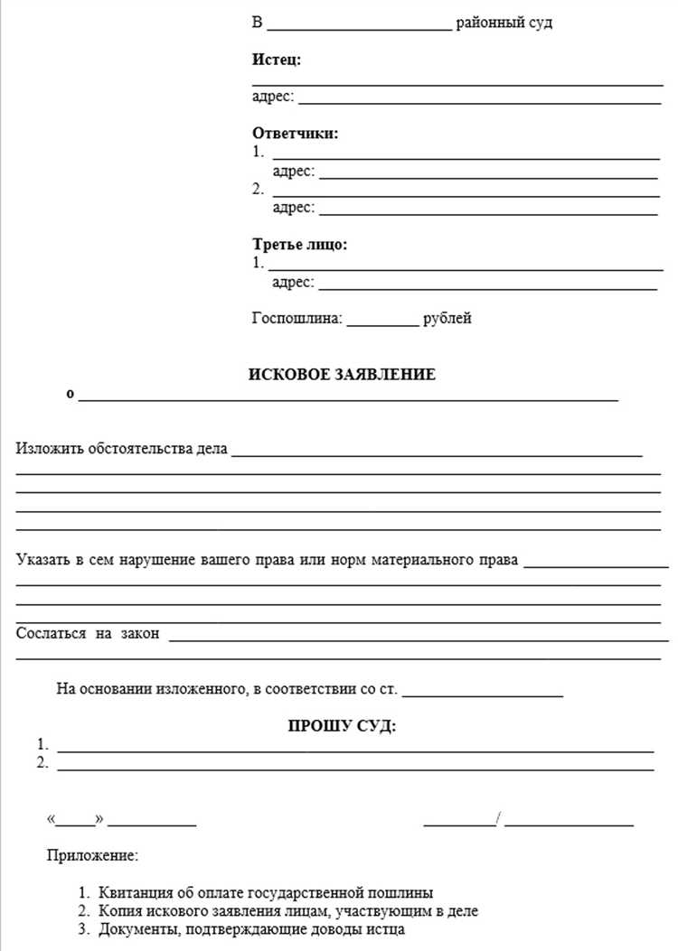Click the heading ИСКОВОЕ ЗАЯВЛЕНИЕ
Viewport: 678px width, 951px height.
coord(342,375)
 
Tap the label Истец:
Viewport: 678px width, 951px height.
coord(277,60)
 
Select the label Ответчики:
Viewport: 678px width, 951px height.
coord(296,134)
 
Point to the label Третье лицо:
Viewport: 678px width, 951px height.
coord(299,244)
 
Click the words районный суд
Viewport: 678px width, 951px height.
coord(504,23)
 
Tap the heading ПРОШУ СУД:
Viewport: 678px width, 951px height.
coord(342,726)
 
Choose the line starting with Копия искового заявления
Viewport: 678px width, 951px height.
coord(288,911)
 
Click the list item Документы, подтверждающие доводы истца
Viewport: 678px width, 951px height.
coord(252,929)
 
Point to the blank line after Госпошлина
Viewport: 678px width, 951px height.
coord(383,321)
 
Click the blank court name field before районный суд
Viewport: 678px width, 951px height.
coord(359,26)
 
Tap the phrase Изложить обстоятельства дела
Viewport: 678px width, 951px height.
coord(122,448)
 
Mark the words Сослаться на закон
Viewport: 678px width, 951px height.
coord(88,633)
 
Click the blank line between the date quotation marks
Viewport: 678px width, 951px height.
coord(78,823)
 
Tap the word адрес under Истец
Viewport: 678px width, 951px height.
coord(272,97)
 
